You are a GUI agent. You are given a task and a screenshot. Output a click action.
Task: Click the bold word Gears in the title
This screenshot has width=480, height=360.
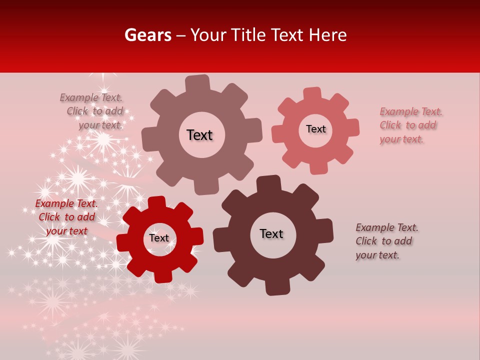coord(147,35)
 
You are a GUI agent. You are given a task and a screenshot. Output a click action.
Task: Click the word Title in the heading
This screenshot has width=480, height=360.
coord(248,35)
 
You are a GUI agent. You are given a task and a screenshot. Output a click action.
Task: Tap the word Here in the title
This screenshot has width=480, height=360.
coord(327,35)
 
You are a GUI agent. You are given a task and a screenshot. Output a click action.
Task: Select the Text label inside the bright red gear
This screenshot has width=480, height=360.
coord(159,238)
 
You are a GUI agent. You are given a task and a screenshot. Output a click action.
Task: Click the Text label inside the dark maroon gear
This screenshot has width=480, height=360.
coord(271,234)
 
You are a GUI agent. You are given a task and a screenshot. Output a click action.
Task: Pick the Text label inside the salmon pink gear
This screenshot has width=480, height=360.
coord(316,129)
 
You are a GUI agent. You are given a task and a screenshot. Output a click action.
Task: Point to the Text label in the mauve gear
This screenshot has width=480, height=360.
coord(199,135)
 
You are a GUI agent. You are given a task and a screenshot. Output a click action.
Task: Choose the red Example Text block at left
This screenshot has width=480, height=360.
coord(66,217)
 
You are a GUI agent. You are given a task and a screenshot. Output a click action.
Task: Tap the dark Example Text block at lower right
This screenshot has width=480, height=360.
coord(386,241)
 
